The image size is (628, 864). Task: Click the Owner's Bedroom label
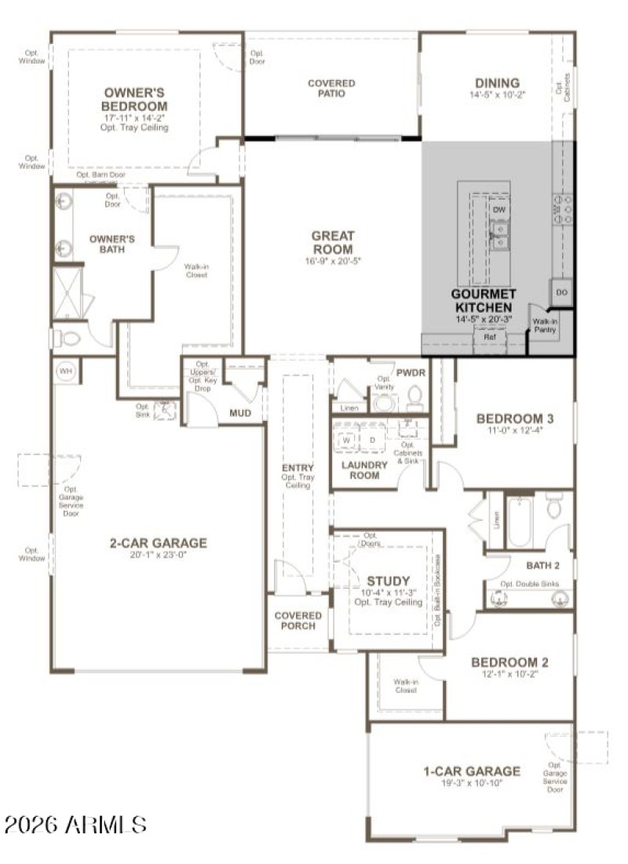(x=135, y=99)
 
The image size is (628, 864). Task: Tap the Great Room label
(x=333, y=242)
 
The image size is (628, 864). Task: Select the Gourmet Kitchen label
(x=482, y=300)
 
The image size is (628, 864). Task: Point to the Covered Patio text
(x=331, y=88)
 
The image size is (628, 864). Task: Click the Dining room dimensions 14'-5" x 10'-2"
(x=497, y=95)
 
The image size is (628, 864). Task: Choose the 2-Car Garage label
(x=158, y=543)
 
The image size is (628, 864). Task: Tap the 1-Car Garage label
(x=471, y=771)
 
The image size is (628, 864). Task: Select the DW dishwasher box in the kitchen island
(x=499, y=210)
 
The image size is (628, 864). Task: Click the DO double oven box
(x=561, y=292)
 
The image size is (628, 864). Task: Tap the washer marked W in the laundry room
(x=346, y=441)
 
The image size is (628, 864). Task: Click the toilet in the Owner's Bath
(x=68, y=339)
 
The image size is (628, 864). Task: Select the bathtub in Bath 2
(x=519, y=522)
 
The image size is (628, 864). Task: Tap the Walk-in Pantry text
(x=545, y=326)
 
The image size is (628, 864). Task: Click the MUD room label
(x=239, y=413)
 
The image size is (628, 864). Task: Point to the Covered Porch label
(x=298, y=621)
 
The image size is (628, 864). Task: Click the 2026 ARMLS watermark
(x=75, y=824)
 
